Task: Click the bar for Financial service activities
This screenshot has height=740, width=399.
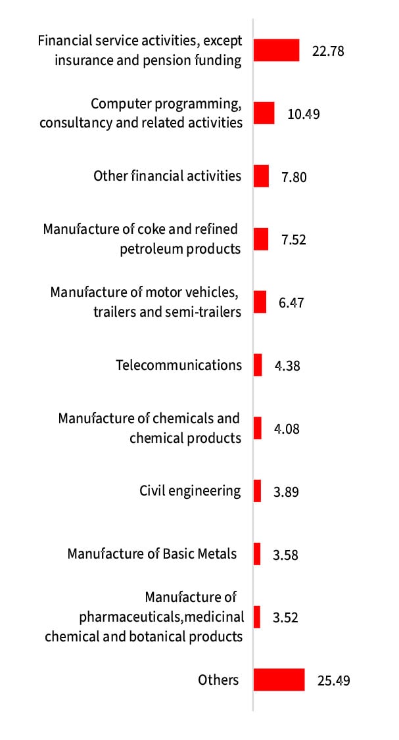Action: (276, 50)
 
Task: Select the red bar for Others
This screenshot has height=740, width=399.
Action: (279, 680)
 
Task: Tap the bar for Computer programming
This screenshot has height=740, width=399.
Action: (264, 113)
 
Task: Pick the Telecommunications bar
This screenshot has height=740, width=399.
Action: (258, 365)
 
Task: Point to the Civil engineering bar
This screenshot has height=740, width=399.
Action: (257, 491)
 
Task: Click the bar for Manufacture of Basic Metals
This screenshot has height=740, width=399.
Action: (257, 554)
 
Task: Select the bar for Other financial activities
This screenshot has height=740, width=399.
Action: (261, 176)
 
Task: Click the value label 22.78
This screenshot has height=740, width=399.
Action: (328, 51)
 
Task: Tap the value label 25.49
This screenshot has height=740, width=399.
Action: (333, 680)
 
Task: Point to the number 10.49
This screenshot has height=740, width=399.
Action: (304, 114)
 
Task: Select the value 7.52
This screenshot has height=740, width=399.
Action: (294, 240)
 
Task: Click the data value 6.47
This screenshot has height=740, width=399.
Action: (291, 303)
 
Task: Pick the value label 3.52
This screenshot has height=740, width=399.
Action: (285, 618)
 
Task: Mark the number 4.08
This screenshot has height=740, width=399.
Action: (287, 429)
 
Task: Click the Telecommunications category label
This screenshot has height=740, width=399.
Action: (179, 365)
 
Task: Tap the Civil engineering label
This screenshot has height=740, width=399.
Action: (190, 491)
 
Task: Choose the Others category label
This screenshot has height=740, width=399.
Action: (218, 680)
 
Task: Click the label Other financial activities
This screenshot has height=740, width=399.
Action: (168, 176)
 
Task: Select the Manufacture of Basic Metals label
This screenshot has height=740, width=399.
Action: (152, 554)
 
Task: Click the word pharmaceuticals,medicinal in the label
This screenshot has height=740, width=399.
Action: (161, 617)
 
